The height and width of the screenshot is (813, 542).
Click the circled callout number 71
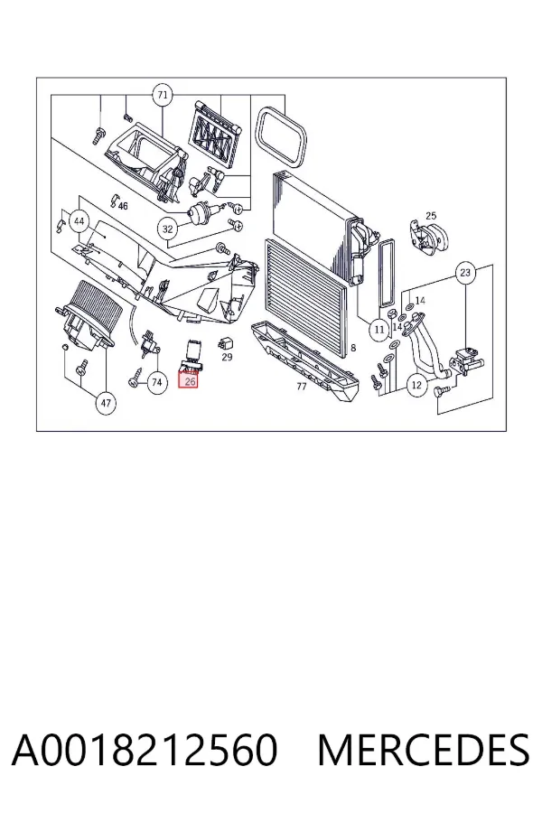click(x=163, y=95)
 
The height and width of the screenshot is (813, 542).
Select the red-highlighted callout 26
click(x=189, y=381)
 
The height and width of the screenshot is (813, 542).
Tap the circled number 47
click(x=106, y=402)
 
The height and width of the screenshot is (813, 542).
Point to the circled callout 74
click(x=156, y=383)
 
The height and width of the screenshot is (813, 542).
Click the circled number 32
click(x=167, y=229)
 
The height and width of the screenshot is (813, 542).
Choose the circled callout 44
click(x=79, y=221)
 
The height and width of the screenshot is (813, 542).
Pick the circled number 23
click(x=465, y=272)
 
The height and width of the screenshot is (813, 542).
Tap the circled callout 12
click(x=416, y=385)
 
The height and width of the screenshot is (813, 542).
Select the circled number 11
click(x=379, y=329)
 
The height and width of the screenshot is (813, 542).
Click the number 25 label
click(x=431, y=216)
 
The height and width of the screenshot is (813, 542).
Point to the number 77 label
click(x=302, y=387)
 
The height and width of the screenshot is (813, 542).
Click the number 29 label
click(x=227, y=357)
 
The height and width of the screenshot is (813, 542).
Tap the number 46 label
click(x=123, y=206)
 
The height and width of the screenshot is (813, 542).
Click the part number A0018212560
click(x=145, y=750)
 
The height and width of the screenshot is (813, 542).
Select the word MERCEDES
click(x=424, y=750)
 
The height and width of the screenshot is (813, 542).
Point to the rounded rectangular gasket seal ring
click(x=281, y=136)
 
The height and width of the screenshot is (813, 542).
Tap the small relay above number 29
click(x=226, y=342)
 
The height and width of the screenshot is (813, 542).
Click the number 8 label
click(x=353, y=348)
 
